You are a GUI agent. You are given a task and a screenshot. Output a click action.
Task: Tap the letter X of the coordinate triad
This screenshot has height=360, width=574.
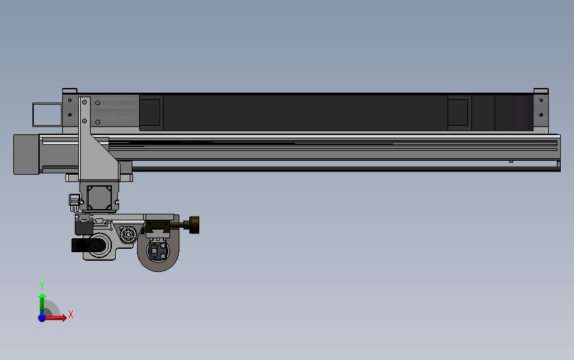(x=70, y=315)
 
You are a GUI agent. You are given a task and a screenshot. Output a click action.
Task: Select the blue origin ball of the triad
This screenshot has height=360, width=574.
(x=42, y=318)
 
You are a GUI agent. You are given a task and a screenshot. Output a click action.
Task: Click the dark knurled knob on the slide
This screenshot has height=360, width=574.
(x=195, y=225)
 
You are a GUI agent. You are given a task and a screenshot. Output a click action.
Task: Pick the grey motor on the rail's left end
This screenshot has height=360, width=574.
(x=26, y=154)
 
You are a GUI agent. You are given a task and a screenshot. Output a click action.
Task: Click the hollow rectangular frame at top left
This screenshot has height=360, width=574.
(x=47, y=114)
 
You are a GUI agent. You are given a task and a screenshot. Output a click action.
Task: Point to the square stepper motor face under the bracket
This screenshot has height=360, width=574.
(x=99, y=197)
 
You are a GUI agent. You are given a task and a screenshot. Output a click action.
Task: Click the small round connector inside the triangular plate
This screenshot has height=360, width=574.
(x=128, y=233)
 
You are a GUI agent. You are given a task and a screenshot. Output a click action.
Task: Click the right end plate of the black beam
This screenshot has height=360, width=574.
(x=540, y=111)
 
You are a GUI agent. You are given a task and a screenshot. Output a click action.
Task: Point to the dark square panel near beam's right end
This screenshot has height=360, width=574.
(x=459, y=112)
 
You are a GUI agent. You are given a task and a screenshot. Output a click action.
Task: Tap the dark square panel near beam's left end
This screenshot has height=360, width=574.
(x=150, y=112)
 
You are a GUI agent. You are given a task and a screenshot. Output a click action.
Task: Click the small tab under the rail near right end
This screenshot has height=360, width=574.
(x=510, y=161)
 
